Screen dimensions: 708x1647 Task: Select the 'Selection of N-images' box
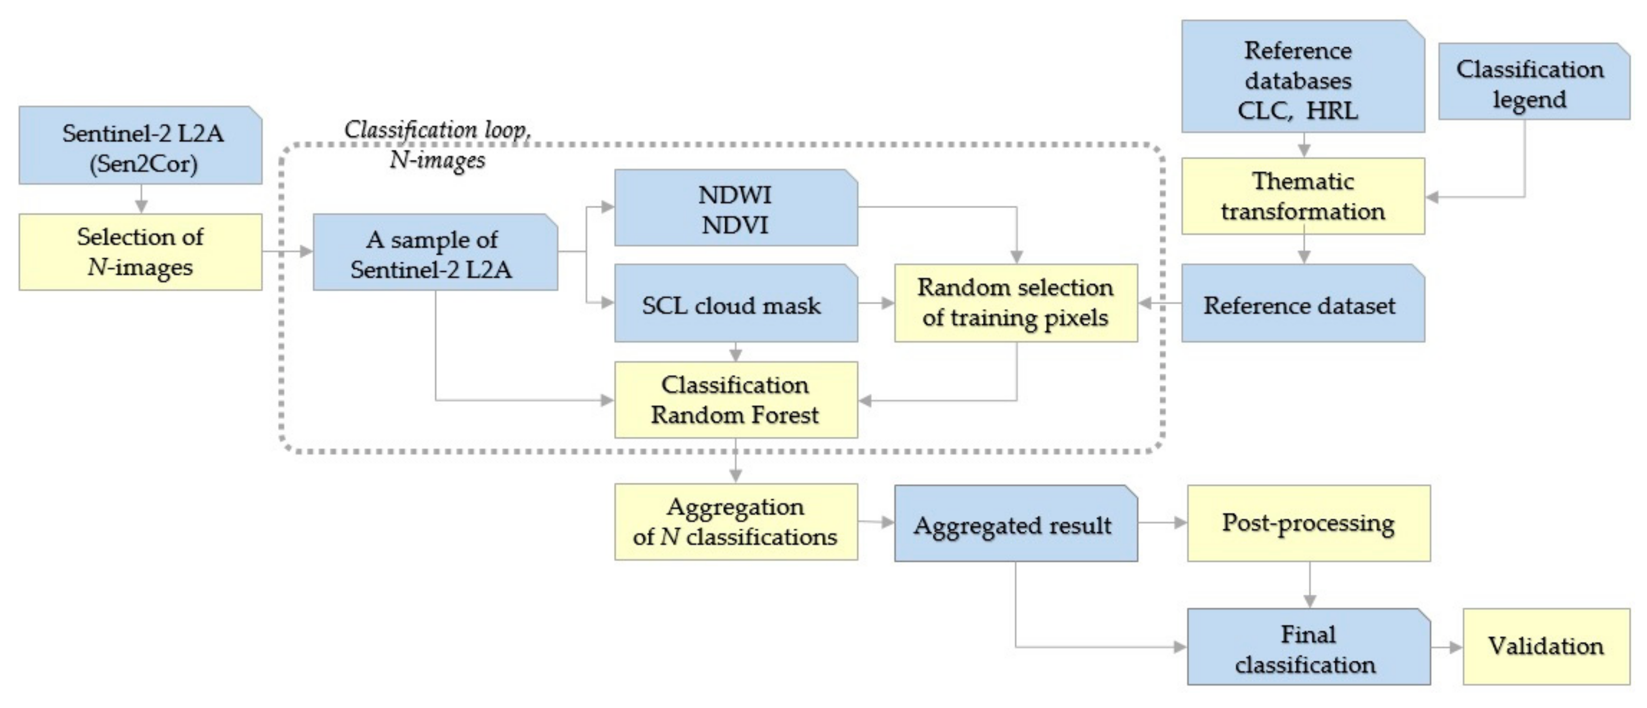141,252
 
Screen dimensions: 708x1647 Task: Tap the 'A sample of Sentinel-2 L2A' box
435,252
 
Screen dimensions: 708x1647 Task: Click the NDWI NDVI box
735,208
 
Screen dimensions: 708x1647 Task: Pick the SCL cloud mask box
735,303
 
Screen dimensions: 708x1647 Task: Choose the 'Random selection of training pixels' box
1015,303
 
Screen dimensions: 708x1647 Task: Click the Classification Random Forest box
735,400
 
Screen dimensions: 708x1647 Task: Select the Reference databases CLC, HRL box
1302,77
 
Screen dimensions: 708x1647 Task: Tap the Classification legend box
1533,82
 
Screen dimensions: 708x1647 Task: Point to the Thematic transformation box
1302,196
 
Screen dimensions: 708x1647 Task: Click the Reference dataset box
1302,303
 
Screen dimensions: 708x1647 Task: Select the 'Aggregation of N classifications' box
735,522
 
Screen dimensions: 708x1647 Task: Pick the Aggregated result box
1015,524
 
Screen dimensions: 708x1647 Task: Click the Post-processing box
1308,523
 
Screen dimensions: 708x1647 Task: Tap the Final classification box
1308,647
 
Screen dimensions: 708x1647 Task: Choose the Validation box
1546,647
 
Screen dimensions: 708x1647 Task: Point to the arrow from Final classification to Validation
1446,647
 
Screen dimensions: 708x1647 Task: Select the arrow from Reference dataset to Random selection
1159,303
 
